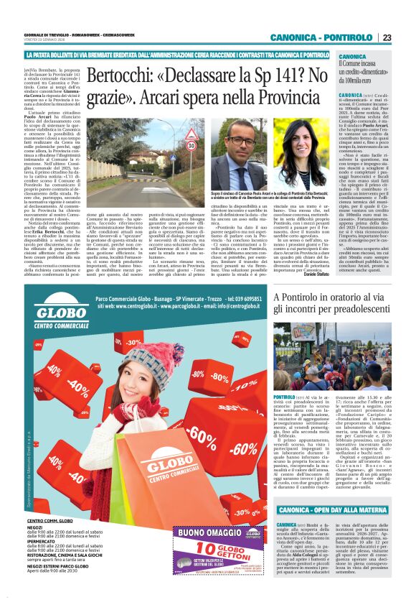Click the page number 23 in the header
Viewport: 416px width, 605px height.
click(406, 38)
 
